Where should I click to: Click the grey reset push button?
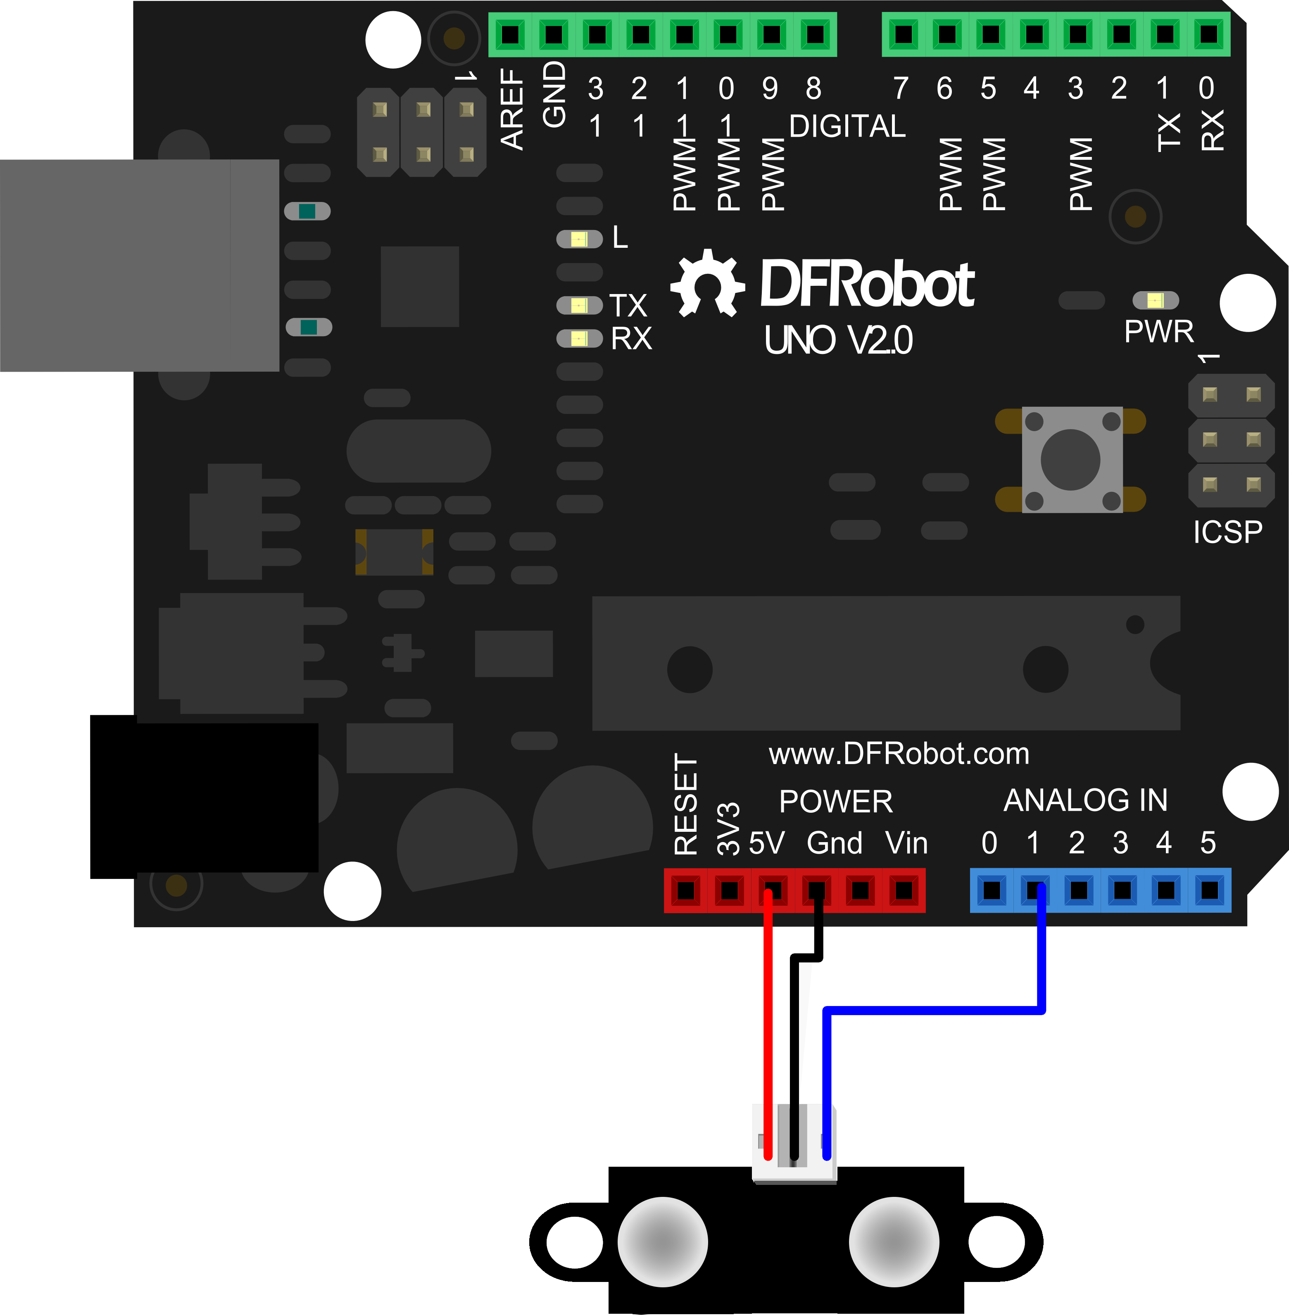point(1071,460)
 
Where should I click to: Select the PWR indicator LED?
point(1156,300)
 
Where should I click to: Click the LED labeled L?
point(579,239)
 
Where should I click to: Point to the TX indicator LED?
point(579,305)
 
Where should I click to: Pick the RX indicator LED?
point(579,338)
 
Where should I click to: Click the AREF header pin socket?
point(511,34)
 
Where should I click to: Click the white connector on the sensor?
point(794,1144)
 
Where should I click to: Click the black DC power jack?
point(204,797)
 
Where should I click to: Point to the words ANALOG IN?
point(1085,801)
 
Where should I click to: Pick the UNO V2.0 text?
point(838,340)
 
